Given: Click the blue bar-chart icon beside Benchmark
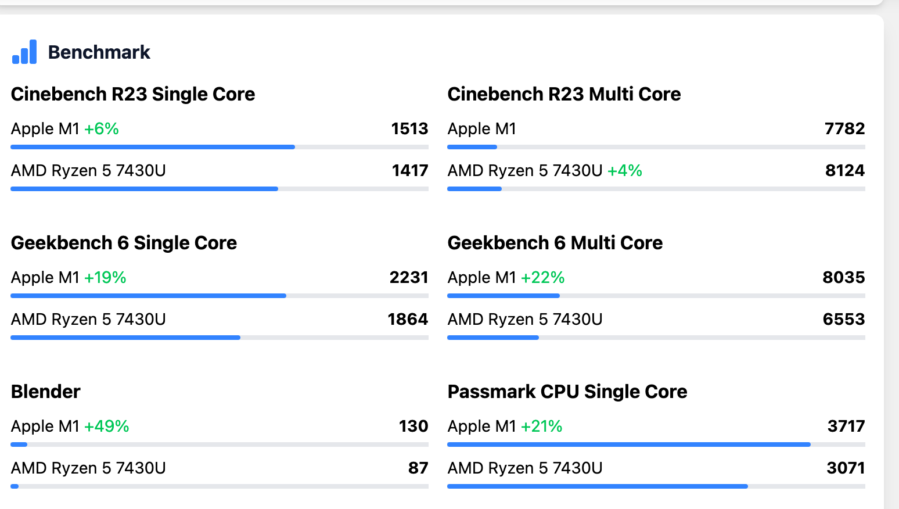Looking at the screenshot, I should click(24, 52).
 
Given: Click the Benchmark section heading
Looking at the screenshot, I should click(99, 52).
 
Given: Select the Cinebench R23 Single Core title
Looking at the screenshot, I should click(133, 94).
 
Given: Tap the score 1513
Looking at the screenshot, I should click(409, 128).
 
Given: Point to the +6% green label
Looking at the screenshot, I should click(102, 129).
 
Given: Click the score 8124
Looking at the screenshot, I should click(845, 170).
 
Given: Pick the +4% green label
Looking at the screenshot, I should click(625, 171).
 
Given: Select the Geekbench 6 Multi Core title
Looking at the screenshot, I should click(555, 243).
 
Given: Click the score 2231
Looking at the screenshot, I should click(409, 277).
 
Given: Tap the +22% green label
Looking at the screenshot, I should click(543, 278).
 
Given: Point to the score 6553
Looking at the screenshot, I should click(844, 319).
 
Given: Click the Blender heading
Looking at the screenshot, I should click(46, 392).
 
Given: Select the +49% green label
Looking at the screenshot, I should click(107, 426).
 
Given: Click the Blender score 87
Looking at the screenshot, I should click(418, 468).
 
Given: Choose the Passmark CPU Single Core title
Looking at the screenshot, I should click(567, 392).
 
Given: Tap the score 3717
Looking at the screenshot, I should click(846, 426).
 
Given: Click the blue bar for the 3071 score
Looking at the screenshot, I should click(597, 486).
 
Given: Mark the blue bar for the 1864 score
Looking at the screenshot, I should click(125, 338).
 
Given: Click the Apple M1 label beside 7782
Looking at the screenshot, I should click(482, 129).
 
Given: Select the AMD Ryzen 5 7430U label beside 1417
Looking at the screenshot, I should click(88, 171).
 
